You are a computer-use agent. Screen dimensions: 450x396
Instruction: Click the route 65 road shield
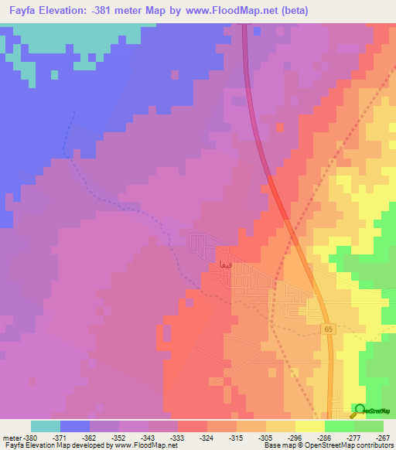[x=328, y=329]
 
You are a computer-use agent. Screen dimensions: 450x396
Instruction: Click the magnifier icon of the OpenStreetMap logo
[x=360, y=411]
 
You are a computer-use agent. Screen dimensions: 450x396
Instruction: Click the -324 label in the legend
[x=206, y=437]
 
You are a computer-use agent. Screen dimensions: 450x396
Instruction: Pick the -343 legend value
[x=148, y=437]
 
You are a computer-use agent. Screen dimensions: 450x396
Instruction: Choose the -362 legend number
[x=90, y=437]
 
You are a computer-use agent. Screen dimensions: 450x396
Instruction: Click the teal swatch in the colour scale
[x=46, y=426]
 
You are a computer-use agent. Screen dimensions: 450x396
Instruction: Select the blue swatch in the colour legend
[x=75, y=426]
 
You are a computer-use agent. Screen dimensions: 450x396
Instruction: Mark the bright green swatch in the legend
[x=339, y=426]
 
